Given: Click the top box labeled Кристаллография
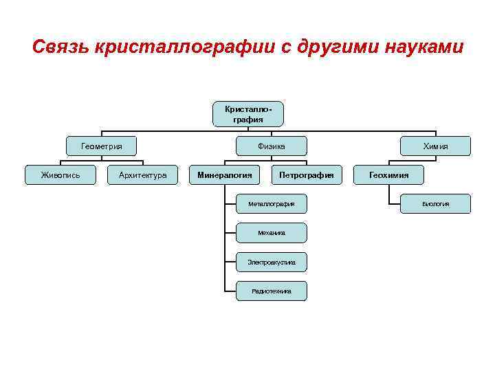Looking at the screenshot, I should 247,114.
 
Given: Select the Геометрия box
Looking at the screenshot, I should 102,146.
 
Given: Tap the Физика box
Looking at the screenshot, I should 271,146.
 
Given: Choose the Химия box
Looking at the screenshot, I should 435,146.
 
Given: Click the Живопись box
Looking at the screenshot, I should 60,175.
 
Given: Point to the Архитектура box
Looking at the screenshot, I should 143,175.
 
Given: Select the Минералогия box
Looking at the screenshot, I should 224,175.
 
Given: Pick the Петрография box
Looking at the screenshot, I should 306,175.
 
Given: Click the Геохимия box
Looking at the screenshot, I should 388,175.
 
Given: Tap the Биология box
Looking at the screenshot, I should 435,204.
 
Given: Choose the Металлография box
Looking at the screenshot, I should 271,204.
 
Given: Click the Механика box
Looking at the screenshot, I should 271,233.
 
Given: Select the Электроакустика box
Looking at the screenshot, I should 271,262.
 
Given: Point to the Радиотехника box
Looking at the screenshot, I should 271,291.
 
